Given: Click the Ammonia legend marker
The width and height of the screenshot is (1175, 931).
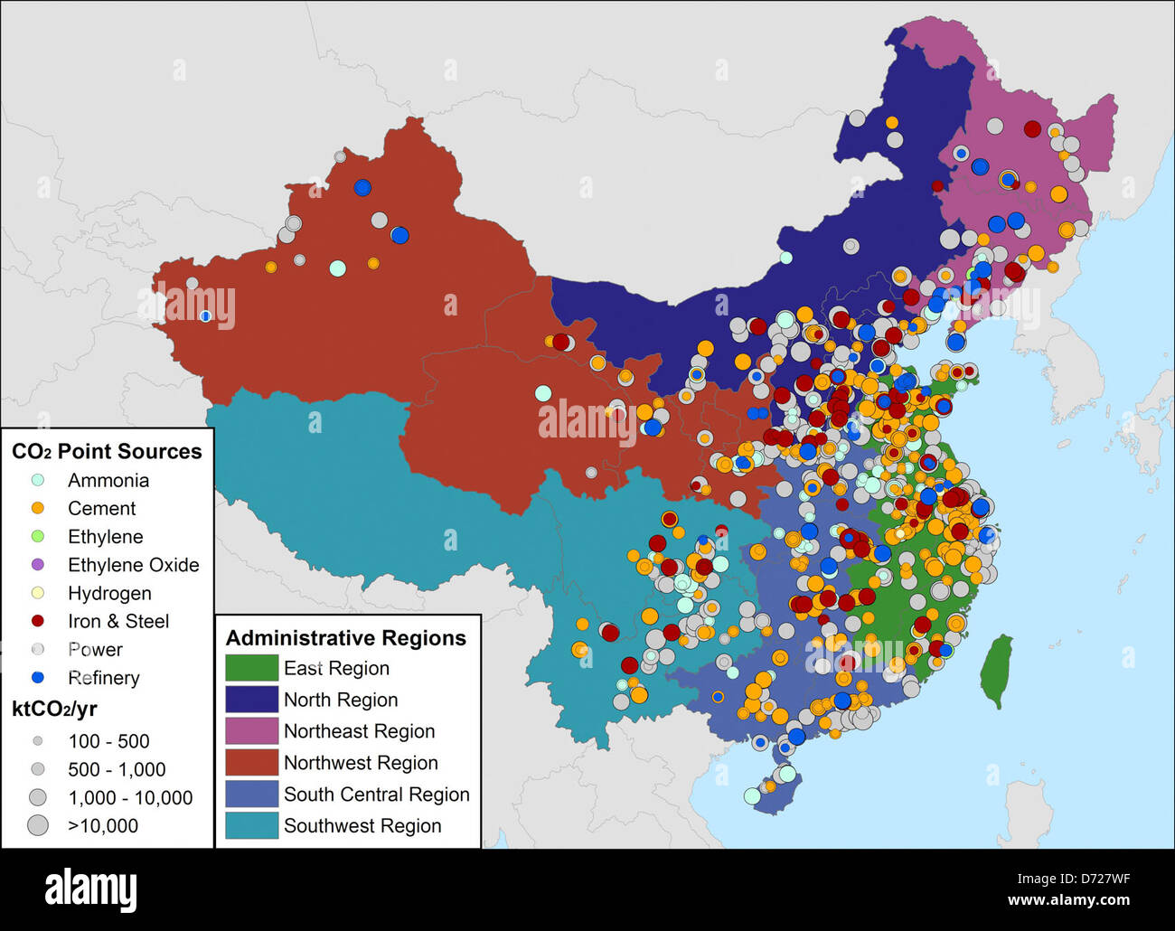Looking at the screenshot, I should [x=38, y=480].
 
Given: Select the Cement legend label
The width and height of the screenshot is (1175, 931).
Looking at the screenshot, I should [x=101, y=508].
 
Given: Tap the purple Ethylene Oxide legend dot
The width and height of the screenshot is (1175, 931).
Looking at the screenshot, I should [x=38, y=565].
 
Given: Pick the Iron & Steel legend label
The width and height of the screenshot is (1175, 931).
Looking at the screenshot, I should [x=117, y=621].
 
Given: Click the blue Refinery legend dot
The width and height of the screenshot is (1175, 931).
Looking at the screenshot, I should [x=38, y=677].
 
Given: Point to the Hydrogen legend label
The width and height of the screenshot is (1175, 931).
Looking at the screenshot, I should [x=109, y=593].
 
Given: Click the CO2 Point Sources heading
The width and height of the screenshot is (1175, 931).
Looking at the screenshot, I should [x=107, y=451].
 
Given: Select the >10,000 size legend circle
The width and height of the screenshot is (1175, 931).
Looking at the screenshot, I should [x=38, y=825].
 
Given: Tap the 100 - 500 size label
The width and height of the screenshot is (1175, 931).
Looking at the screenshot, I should [x=108, y=741].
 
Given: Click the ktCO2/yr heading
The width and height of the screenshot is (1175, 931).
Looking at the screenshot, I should [x=54, y=709].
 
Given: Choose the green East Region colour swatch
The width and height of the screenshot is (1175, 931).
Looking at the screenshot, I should [x=251, y=668].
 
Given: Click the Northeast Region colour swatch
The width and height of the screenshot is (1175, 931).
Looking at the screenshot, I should [x=251, y=730].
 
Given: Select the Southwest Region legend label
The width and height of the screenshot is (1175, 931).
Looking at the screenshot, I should [x=362, y=825].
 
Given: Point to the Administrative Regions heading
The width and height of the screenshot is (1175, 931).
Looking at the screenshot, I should [x=345, y=638].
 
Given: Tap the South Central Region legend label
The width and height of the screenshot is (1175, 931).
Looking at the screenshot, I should [x=376, y=794].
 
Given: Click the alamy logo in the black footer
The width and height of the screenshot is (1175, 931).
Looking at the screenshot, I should [x=91, y=889].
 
